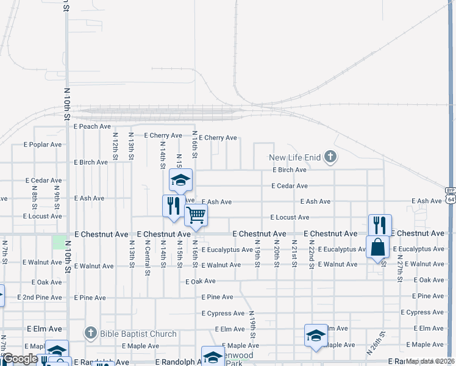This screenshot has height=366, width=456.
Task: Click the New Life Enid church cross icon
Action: click(330, 157)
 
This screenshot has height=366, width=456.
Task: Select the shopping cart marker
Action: click(196, 215)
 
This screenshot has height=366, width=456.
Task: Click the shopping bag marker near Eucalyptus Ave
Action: click(377, 248)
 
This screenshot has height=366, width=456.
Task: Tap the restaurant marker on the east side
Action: click(379, 225)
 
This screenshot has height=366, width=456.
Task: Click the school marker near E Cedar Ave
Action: click(180, 181)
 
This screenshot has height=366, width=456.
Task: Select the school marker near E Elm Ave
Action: click(316, 335)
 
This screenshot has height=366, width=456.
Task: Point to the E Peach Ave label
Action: click(92, 126)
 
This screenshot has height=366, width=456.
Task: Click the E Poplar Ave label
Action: click(43, 145)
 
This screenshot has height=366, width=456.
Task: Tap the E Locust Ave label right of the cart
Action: click(290, 217)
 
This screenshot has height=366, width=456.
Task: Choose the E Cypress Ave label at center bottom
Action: click(223, 314)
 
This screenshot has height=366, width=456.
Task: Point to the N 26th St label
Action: click(377, 343)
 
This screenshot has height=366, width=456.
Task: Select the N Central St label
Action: click(147, 257)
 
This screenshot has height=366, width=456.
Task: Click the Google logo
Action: click(20, 359)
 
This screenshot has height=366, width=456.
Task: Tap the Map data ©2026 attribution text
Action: click(430, 361)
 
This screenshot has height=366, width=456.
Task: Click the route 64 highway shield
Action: click(450, 199)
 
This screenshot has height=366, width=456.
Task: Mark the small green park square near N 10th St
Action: click(59, 242)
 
